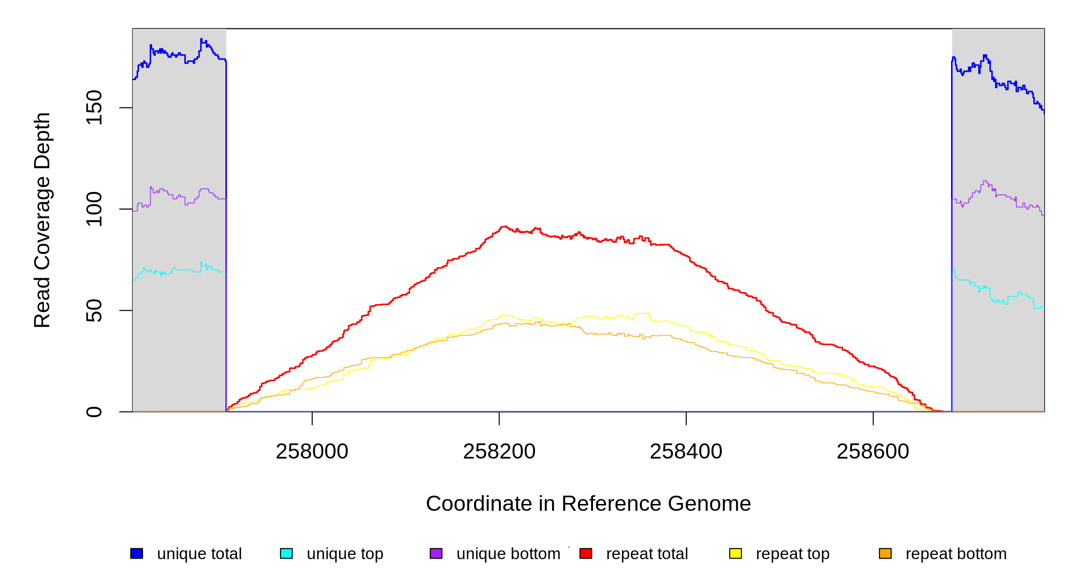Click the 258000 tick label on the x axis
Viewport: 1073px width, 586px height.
coord(312,452)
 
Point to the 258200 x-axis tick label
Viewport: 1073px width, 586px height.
coord(499,452)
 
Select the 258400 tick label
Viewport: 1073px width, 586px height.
coord(686,452)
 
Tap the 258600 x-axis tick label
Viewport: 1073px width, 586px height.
coord(873,452)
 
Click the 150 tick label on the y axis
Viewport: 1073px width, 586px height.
coord(94,107)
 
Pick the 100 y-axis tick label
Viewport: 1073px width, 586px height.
coord(94,209)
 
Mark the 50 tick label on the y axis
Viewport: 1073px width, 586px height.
coord(94,311)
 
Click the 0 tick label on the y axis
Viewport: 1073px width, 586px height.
coord(94,412)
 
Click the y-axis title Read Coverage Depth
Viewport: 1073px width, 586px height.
coord(42,220)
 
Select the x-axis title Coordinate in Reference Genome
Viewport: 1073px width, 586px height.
coord(588,503)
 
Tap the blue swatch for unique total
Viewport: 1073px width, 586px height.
coord(137,553)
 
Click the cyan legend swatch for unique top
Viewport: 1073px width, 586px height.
coord(286,553)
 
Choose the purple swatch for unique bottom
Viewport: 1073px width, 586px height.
coord(436,553)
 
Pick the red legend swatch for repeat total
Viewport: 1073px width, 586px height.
coord(586,553)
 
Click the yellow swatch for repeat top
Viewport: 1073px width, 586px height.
coord(735,553)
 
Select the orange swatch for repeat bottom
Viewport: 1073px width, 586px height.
coord(885,553)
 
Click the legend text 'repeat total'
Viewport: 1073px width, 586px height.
coord(647,554)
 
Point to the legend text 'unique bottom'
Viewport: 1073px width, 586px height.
coord(508,554)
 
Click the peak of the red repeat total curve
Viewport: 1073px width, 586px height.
coord(504,227)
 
